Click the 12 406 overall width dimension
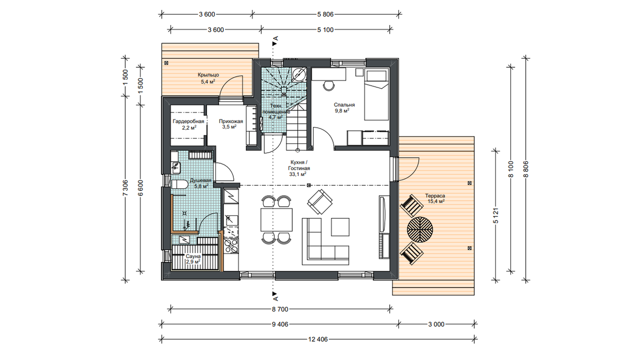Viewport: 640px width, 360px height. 318,339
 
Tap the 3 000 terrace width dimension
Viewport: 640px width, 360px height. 436,324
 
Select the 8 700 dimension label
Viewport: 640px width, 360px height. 280,309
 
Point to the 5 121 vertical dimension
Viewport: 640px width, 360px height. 495,215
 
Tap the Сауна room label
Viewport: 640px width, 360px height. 193,257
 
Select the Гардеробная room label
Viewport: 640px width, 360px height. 189,122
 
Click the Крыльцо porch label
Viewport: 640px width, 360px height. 209,75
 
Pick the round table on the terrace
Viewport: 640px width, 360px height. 420,229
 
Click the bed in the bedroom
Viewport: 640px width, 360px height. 377,94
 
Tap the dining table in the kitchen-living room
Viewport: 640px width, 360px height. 277,220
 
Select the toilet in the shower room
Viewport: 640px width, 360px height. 179,185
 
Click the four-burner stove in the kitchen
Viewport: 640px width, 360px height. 231,246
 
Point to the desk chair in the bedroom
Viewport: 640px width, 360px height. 329,85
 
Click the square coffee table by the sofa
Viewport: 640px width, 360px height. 340,227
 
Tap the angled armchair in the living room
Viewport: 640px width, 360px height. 319,202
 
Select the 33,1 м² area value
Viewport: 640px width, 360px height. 298,174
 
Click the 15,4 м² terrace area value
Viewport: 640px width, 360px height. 436,201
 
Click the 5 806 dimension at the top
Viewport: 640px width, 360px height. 325,14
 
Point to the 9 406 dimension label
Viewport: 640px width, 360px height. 280,324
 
